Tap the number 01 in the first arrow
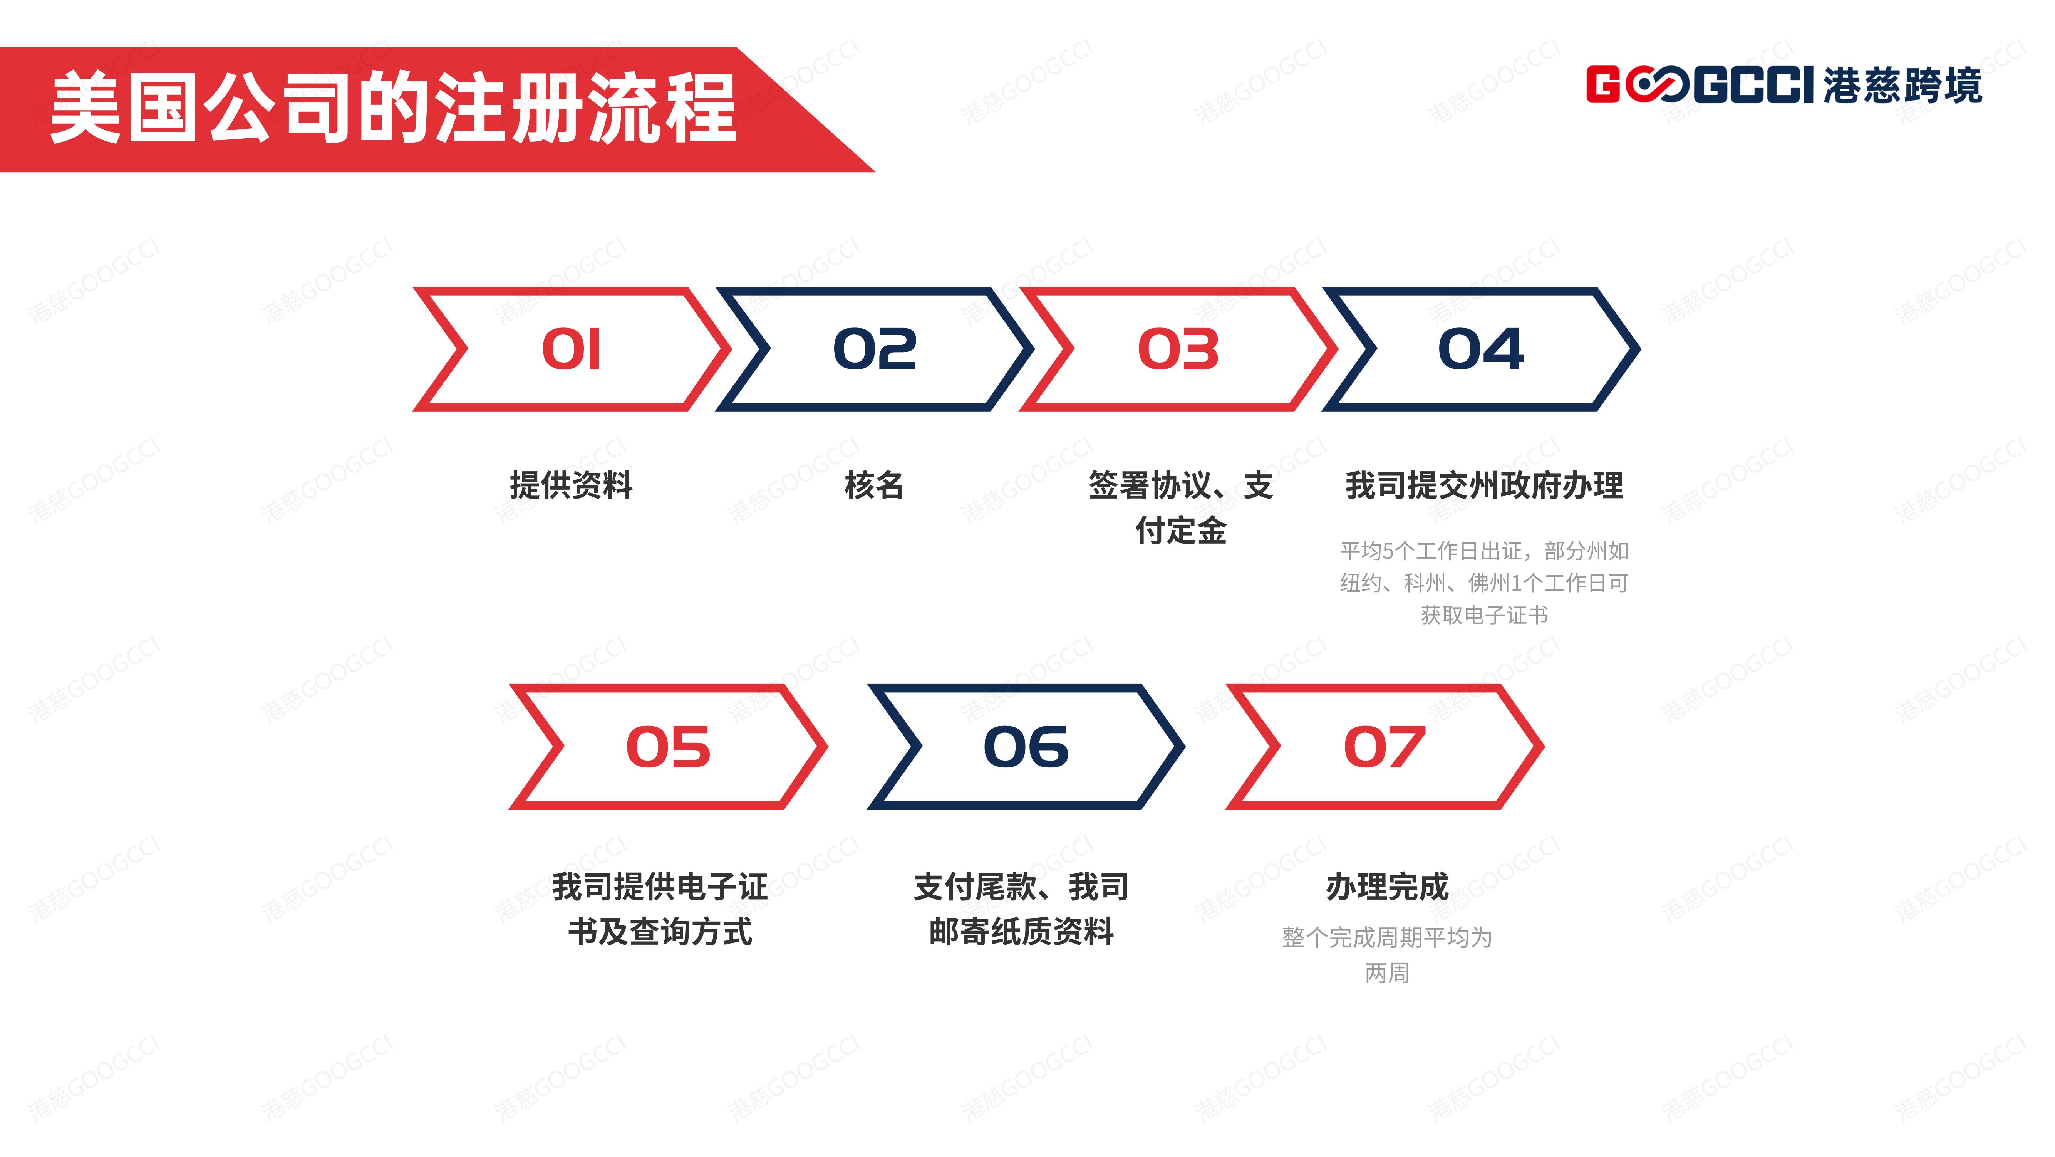pyautogui.click(x=571, y=349)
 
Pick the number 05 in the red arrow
pyautogui.click(x=668, y=748)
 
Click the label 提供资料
pyautogui.click(x=571, y=485)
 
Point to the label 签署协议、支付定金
pyautogui.click(x=1181, y=507)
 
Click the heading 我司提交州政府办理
pyautogui.click(x=1484, y=485)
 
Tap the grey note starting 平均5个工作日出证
pyautogui.click(x=1484, y=583)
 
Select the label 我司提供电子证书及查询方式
pyautogui.click(x=660, y=909)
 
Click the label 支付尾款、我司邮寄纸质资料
pyautogui.click(x=1021, y=909)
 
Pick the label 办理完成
pyautogui.click(x=1387, y=887)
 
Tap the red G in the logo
pyautogui.click(x=1604, y=85)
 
